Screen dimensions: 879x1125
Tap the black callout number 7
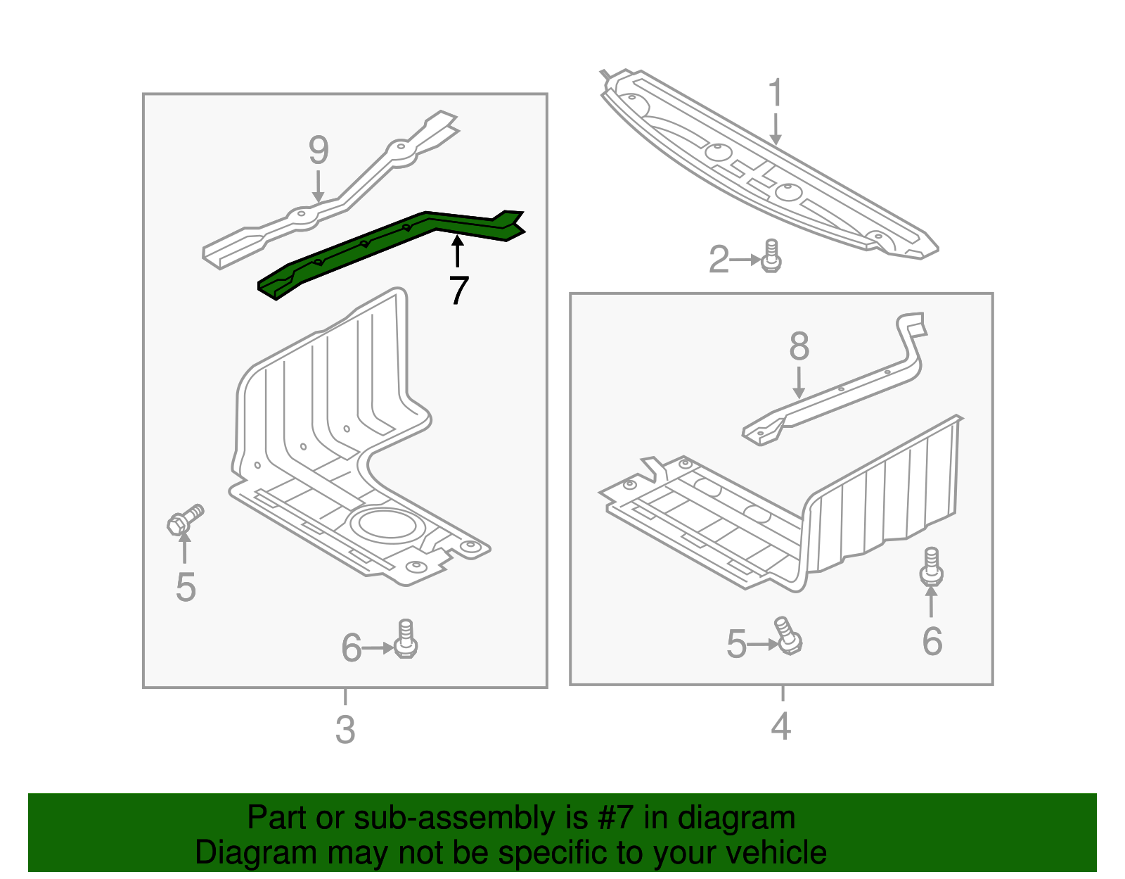pyautogui.click(x=458, y=290)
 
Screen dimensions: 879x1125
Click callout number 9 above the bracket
pyautogui.click(x=319, y=151)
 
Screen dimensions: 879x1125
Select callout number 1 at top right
pyautogui.click(x=775, y=94)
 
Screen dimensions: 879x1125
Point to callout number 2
pyautogui.click(x=719, y=260)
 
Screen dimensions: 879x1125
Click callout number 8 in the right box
pyautogui.click(x=799, y=346)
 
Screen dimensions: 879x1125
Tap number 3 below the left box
pyautogui.click(x=345, y=729)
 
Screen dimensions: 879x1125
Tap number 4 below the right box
pyautogui.click(x=781, y=726)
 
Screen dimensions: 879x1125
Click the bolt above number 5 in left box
pyautogui.click(x=184, y=519)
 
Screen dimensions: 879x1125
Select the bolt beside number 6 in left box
pyautogui.click(x=406, y=638)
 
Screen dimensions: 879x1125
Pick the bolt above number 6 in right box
pyautogui.click(x=931, y=567)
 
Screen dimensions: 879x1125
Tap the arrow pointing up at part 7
pyautogui.click(x=458, y=251)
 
